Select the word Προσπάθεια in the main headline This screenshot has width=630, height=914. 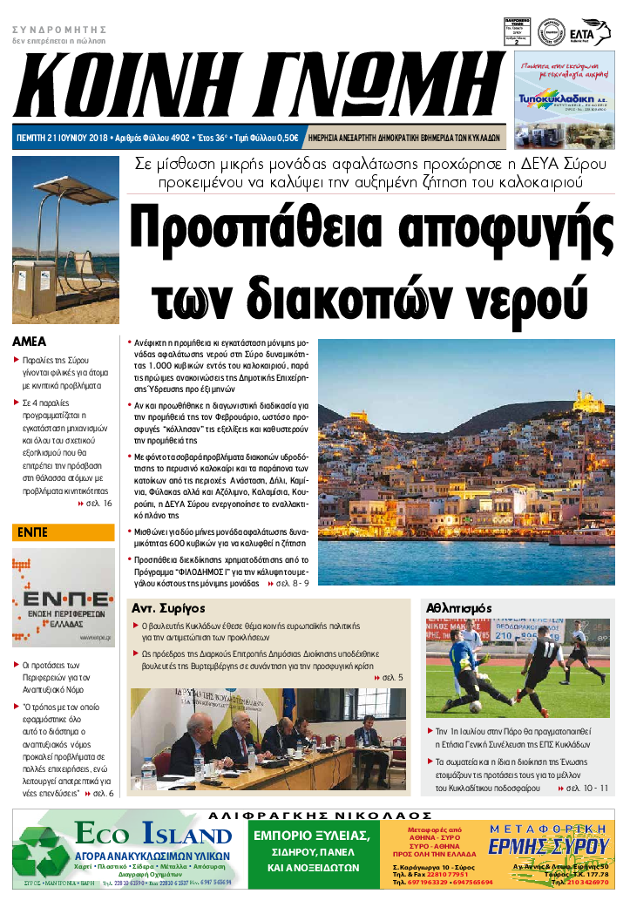tap(257, 229)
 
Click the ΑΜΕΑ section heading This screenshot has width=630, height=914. tap(30, 342)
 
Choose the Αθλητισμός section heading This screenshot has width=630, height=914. tap(459, 607)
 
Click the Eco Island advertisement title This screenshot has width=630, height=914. tap(152, 836)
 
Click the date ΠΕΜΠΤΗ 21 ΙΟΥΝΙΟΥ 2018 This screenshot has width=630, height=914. tap(64, 138)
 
